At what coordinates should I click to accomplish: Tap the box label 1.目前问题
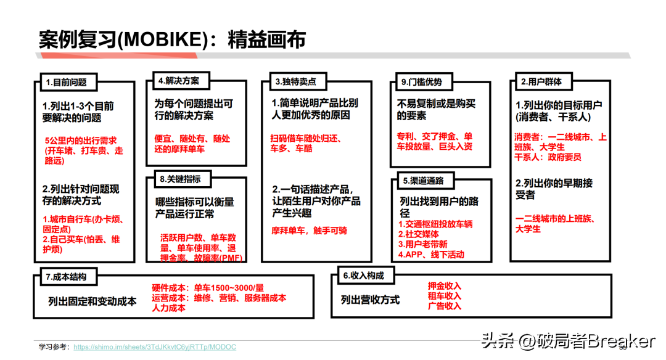(x=66, y=81)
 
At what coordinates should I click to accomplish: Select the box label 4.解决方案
(x=178, y=80)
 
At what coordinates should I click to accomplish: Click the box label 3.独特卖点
(x=295, y=81)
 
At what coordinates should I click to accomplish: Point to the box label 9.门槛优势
(x=421, y=81)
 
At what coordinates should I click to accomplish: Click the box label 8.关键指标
(x=180, y=179)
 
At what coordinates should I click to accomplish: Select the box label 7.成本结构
(x=66, y=277)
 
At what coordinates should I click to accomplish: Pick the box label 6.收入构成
(x=363, y=276)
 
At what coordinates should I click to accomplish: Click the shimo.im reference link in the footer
(x=154, y=347)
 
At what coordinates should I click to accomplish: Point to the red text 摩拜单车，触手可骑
(x=309, y=231)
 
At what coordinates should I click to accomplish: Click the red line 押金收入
(x=444, y=286)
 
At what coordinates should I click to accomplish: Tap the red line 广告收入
(x=444, y=306)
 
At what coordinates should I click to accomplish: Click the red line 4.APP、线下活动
(x=431, y=254)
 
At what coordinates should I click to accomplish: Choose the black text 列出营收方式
(x=370, y=300)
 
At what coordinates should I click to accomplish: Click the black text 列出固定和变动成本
(x=92, y=301)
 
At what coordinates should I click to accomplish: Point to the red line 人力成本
(x=168, y=308)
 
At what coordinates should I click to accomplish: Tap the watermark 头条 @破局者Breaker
(x=567, y=340)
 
